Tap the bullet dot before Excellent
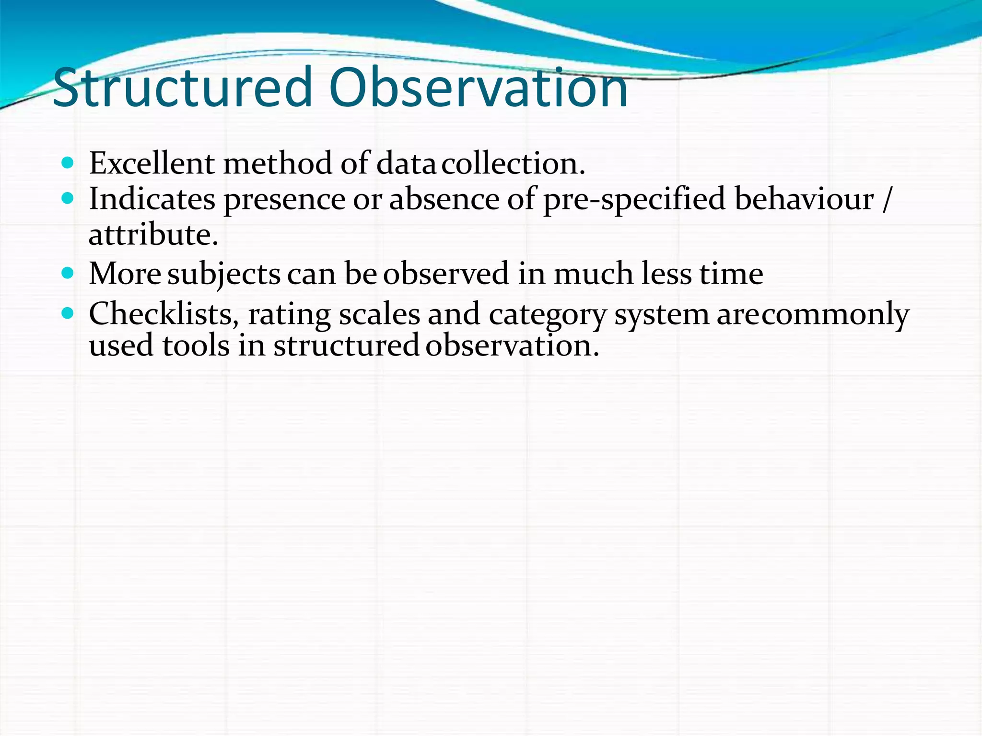click(x=68, y=163)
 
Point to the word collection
click(x=513, y=164)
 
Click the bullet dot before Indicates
click(x=68, y=198)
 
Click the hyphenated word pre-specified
click(x=634, y=200)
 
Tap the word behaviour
click(x=804, y=199)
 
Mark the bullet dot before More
click(x=68, y=273)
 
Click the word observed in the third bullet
click(x=446, y=274)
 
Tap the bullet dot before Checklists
click(x=68, y=314)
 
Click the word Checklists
click(x=164, y=315)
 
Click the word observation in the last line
click(x=512, y=346)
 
